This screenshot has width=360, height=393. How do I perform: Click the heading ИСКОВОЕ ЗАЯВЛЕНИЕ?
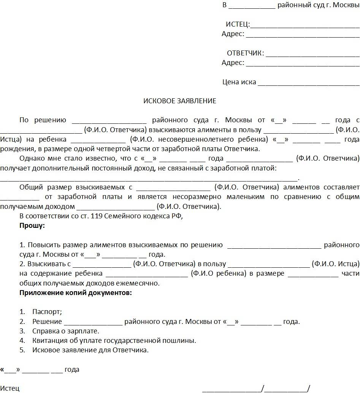(x=179, y=101)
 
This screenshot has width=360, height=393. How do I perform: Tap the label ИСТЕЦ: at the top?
(x=238, y=25)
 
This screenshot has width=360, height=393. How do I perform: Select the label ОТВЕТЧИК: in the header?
(x=245, y=53)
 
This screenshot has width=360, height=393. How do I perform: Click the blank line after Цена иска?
(x=308, y=83)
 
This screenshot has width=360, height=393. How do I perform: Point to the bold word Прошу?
(x=32, y=226)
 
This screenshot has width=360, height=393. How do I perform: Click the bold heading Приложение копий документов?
(x=76, y=293)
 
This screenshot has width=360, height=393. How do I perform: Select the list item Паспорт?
(x=47, y=312)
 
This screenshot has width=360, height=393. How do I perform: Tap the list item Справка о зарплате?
(x=66, y=331)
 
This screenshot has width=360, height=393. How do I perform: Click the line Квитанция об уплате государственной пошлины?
(x=114, y=341)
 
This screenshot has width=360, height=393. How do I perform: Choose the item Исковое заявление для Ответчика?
(x=90, y=350)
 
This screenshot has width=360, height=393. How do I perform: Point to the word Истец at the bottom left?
(x=10, y=388)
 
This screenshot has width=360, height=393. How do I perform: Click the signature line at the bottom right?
(x=255, y=388)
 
